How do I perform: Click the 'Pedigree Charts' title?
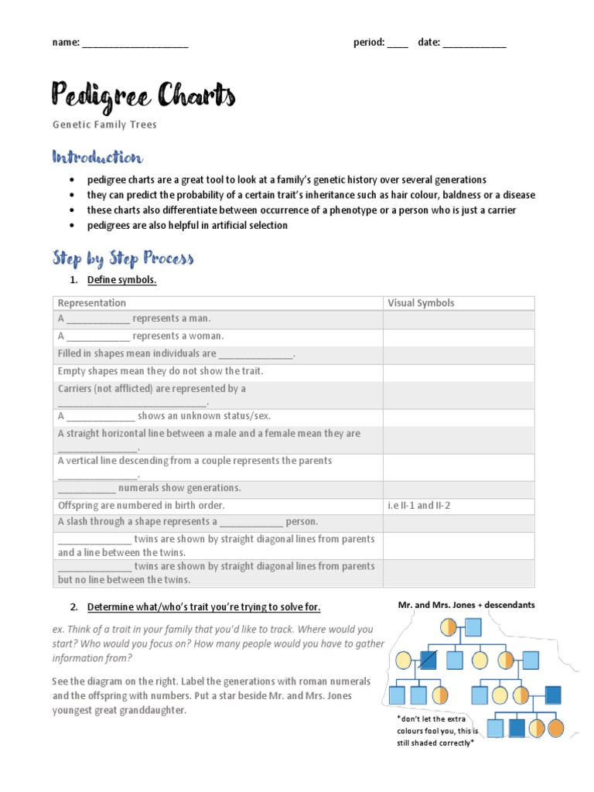143,97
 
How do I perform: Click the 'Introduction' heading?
97,158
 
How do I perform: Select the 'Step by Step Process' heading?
122,258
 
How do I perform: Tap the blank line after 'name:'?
135,44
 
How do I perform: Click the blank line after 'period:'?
398,44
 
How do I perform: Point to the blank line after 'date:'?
474,44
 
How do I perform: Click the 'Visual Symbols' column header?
421,303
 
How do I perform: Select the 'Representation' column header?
91,303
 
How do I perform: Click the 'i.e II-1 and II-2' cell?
418,505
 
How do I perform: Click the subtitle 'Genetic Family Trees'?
104,125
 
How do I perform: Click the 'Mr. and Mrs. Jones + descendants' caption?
477,604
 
